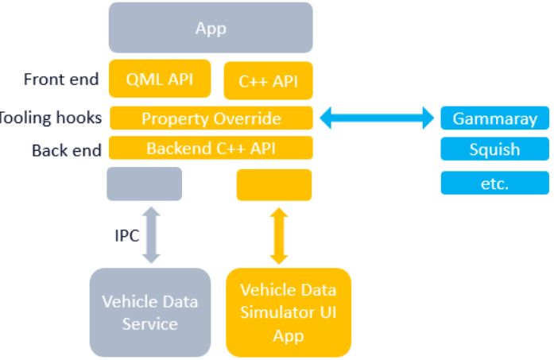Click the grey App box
coord(211,28)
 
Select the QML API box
coord(160,79)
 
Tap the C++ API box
coord(269,81)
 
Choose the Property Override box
coord(211,118)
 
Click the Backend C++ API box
coord(211,148)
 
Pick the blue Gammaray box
coord(494,118)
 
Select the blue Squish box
coord(494,149)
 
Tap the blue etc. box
coord(494,183)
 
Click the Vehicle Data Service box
coord(149,312)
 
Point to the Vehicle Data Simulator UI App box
coord(288,312)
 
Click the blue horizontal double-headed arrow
coord(376,119)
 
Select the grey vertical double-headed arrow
coord(149,234)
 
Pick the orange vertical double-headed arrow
coord(277,235)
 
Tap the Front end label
coord(61,79)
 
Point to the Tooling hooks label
coord(49,118)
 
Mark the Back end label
coord(67,149)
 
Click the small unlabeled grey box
coord(144,184)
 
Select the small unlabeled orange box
coord(274,184)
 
